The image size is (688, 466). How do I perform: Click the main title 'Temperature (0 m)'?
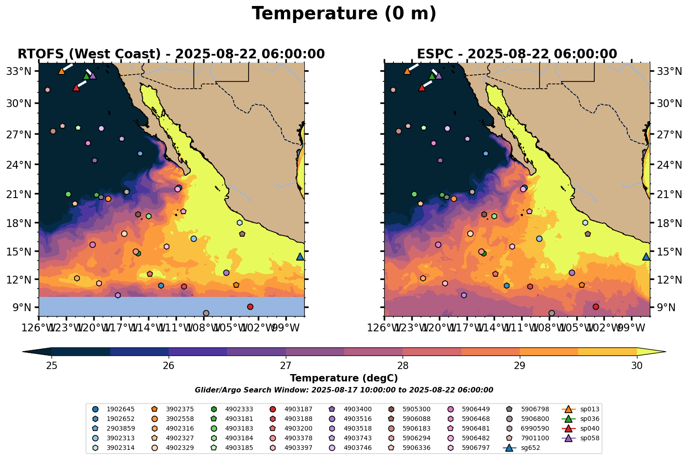click(344, 14)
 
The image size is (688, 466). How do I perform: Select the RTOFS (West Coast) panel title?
click(171, 54)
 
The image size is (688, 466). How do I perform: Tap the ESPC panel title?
click(517, 54)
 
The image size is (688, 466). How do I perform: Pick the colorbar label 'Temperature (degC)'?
click(344, 378)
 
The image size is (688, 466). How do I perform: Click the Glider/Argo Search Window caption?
click(344, 390)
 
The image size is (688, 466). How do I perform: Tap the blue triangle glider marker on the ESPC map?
click(646, 256)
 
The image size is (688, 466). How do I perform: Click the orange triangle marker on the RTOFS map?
click(62, 71)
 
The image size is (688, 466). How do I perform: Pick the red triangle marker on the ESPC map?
click(421, 87)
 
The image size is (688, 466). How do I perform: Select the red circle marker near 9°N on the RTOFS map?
click(250, 307)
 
